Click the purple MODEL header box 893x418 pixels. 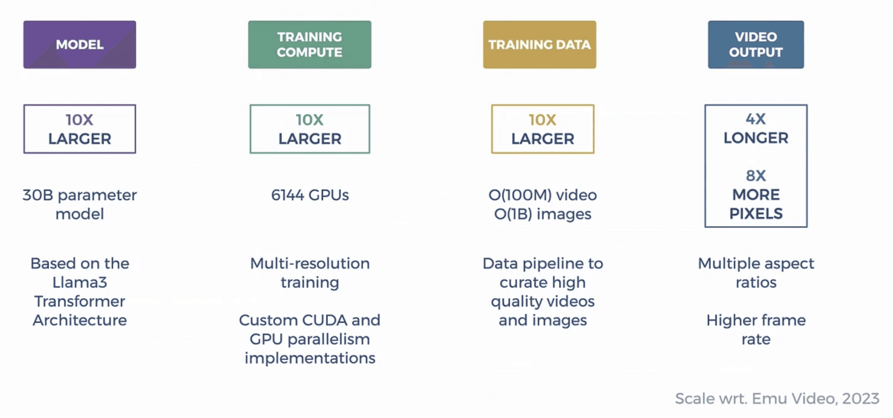pos(80,44)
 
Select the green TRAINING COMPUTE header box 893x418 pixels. pos(310,44)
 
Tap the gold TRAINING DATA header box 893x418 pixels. pos(540,44)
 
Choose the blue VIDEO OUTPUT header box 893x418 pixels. pos(756,44)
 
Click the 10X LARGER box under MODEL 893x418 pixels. pos(80,129)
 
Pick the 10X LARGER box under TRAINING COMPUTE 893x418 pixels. pos(310,129)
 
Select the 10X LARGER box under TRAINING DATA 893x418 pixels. pos(542,129)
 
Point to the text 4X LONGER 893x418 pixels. pos(756,129)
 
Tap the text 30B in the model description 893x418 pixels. pos(37,195)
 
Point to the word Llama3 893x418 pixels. pos(80,283)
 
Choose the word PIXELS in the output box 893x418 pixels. pos(756,214)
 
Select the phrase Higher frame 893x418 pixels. pos(756,321)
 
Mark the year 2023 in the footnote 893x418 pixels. pos(860,399)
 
